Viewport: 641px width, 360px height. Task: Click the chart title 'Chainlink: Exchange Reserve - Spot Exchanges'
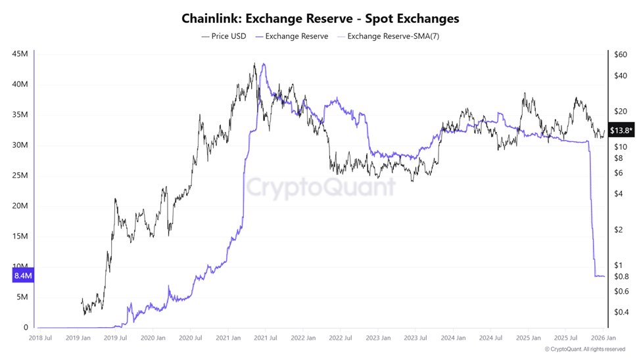coord(320,18)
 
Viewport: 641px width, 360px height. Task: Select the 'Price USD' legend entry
coord(224,36)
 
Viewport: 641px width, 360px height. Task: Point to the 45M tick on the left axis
coord(20,54)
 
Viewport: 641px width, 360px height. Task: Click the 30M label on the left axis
coord(20,145)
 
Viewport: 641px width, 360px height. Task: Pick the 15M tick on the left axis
coord(20,236)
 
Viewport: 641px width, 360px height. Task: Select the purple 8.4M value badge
coord(22,276)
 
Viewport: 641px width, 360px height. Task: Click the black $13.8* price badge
coord(621,130)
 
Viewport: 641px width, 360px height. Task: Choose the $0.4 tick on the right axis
coord(621,312)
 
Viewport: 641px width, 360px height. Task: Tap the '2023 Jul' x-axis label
coord(415,338)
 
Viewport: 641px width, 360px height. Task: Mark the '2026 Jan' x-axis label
coord(602,338)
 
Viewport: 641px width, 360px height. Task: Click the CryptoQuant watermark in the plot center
coord(321,187)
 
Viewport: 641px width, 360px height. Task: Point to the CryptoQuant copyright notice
coord(584,349)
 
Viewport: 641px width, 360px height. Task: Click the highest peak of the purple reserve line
coord(264,64)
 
